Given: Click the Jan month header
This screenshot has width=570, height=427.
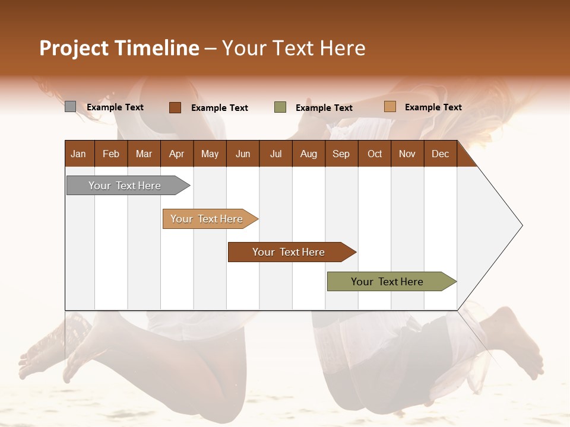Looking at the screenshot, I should click(78, 154).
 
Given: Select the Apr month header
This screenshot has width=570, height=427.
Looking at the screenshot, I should click(176, 154).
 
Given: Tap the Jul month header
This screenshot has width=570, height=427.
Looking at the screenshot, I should click(275, 154).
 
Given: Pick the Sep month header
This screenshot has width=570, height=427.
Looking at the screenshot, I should click(341, 154).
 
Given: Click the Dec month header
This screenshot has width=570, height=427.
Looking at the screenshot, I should click(440, 154).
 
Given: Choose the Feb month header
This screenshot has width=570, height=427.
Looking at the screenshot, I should click(111, 154).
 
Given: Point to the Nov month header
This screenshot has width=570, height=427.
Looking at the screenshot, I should click(407, 154).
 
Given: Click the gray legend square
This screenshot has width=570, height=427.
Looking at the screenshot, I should click(70, 107).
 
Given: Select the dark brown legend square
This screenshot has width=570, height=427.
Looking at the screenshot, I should click(175, 107).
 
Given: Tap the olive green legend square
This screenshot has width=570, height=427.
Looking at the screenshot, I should click(280, 107).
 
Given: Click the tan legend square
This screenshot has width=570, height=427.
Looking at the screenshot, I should click(389, 107).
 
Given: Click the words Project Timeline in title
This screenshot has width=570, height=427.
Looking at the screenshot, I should click(119, 48).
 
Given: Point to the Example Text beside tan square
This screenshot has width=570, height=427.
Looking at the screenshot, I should click(433, 107).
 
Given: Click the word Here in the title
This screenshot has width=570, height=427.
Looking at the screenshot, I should click(343, 48).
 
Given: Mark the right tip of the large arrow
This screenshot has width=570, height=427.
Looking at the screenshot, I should click(521, 225).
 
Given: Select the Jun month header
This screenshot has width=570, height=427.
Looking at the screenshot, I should click(242, 154).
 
